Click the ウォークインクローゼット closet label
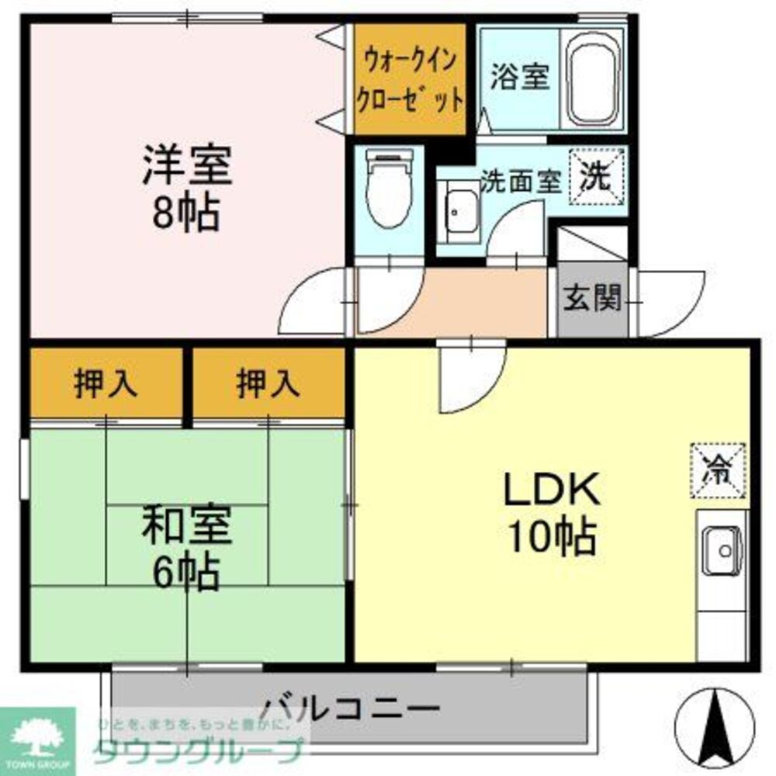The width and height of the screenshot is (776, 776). coord(410,79)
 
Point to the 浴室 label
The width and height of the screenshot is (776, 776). coord(519,78)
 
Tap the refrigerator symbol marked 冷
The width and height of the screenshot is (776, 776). coord(719,469)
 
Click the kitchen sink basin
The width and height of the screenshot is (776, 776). coord(723,551)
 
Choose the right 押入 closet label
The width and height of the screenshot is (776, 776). coord(268,384)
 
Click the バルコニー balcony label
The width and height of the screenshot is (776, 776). coord(349,708)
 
